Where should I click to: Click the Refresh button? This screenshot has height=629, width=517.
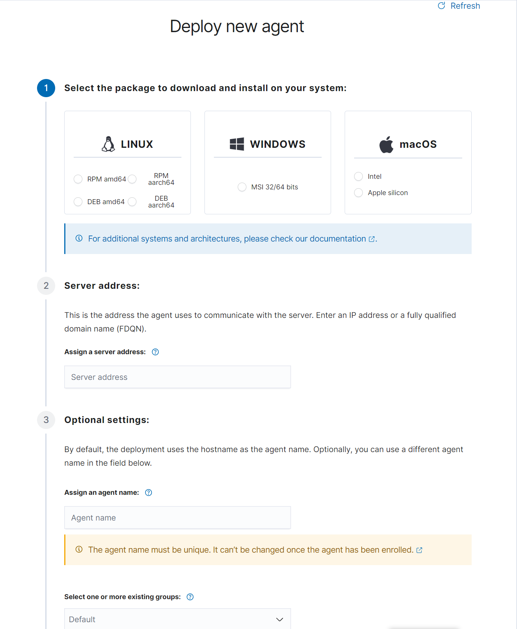pyautogui.click(x=459, y=6)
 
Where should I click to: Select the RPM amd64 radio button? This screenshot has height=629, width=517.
pyautogui.click(x=78, y=179)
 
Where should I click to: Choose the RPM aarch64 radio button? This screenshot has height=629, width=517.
pyautogui.click(x=132, y=179)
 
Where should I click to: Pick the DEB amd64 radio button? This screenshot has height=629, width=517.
pyautogui.click(x=78, y=201)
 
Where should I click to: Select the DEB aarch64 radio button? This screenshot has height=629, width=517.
pyautogui.click(x=132, y=201)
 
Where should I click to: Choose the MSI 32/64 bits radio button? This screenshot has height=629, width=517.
pyautogui.click(x=242, y=187)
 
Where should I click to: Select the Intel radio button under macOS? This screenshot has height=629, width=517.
pyautogui.click(x=358, y=176)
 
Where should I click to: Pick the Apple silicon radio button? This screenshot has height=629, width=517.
pyautogui.click(x=358, y=192)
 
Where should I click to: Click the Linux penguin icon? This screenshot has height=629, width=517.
pyautogui.click(x=108, y=144)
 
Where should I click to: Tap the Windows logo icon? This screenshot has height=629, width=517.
pyautogui.click(x=237, y=144)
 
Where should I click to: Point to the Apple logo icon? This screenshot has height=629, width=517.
pyautogui.click(x=386, y=144)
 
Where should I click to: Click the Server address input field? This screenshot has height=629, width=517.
pyautogui.click(x=177, y=377)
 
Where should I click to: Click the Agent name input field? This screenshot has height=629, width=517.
pyautogui.click(x=177, y=517)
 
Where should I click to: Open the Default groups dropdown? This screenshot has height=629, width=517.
pyautogui.click(x=177, y=619)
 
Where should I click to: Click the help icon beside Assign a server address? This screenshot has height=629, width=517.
pyautogui.click(x=155, y=352)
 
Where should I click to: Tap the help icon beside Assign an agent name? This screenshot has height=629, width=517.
pyautogui.click(x=149, y=493)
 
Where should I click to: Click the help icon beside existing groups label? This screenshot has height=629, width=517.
pyautogui.click(x=190, y=597)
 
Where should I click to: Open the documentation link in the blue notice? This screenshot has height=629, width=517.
pyautogui.click(x=337, y=239)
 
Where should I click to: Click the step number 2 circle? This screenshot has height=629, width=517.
pyautogui.click(x=46, y=286)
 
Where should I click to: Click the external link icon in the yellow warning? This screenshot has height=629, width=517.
pyautogui.click(x=419, y=550)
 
